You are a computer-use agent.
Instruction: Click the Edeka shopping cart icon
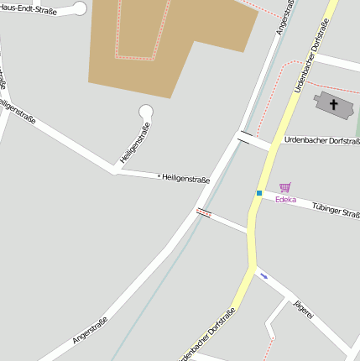click(x=284, y=188)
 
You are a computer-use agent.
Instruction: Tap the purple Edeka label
click(x=285, y=200)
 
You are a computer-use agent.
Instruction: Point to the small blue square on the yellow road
click(x=259, y=193)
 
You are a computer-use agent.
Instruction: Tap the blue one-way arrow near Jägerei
click(x=264, y=275)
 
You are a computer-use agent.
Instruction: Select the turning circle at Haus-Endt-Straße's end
click(x=81, y=8)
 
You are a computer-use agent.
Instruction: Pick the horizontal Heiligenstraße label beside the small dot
click(x=185, y=178)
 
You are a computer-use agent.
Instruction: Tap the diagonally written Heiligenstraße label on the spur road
click(x=134, y=144)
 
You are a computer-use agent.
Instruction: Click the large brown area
click(x=168, y=42)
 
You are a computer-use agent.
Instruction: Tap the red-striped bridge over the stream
click(x=203, y=212)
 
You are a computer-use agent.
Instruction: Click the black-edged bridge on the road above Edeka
click(x=244, y=135)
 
